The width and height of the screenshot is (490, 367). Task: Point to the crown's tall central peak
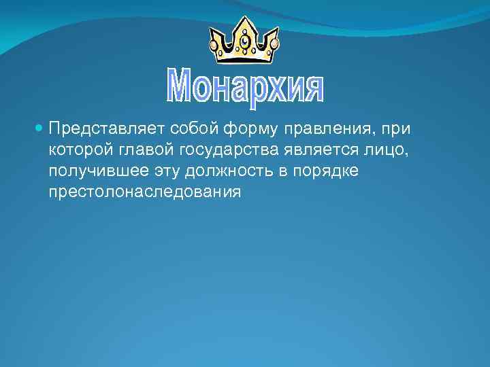pos(244,26)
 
